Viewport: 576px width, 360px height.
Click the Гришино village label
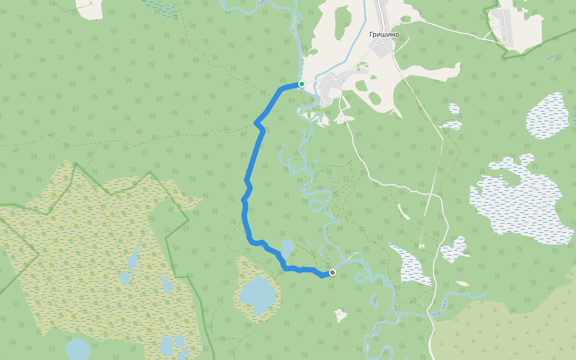point(383,34)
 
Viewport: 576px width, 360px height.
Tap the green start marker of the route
point(302,84)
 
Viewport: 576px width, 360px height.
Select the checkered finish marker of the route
point(332,274)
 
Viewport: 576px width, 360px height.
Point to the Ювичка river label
point(439,308)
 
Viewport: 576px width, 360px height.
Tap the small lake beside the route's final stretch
point(287,248)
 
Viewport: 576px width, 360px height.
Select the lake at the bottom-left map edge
point(78,349)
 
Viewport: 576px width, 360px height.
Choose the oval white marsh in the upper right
point(547,116)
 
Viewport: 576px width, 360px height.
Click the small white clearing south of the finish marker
point(341,315)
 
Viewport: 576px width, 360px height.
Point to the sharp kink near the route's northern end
point(257,124)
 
